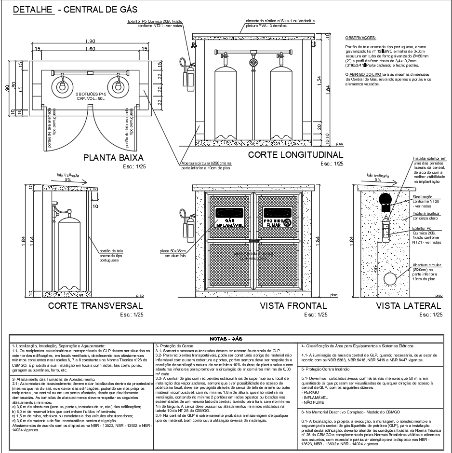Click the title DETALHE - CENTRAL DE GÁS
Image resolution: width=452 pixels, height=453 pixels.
click(x=75, y=10)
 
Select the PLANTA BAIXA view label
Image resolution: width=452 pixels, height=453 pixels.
click(x=113, y=158)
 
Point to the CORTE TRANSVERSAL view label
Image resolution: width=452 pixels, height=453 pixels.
click(x=95, y=306)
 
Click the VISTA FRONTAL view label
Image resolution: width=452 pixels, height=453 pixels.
click(x=293, y=306)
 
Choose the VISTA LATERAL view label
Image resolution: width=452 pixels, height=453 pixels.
click(x=408, y=306)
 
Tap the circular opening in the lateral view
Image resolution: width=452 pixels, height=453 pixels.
click(x=390, y=279)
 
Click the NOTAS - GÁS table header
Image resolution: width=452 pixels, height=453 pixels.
click(x=226, y=339)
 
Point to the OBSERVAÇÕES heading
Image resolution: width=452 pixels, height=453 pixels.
click(x=361, y=38)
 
